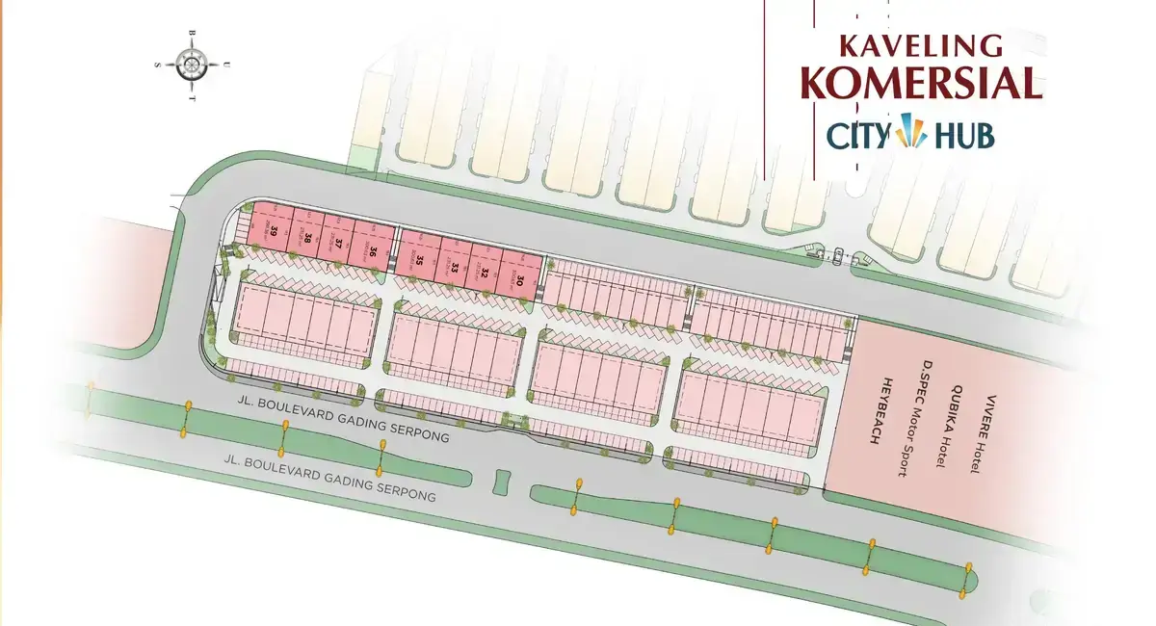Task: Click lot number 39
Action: (275, 229)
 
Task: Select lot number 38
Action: (307, 237)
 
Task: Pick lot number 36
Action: (372, 251)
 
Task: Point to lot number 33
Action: (453, 267)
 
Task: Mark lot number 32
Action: (486, 274)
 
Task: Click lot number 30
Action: (519, 281)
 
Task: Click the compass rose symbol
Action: (192, 65)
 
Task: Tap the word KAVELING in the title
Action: (920, 45)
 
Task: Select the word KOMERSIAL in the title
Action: (921, 84)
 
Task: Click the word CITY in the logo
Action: (857, 136)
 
